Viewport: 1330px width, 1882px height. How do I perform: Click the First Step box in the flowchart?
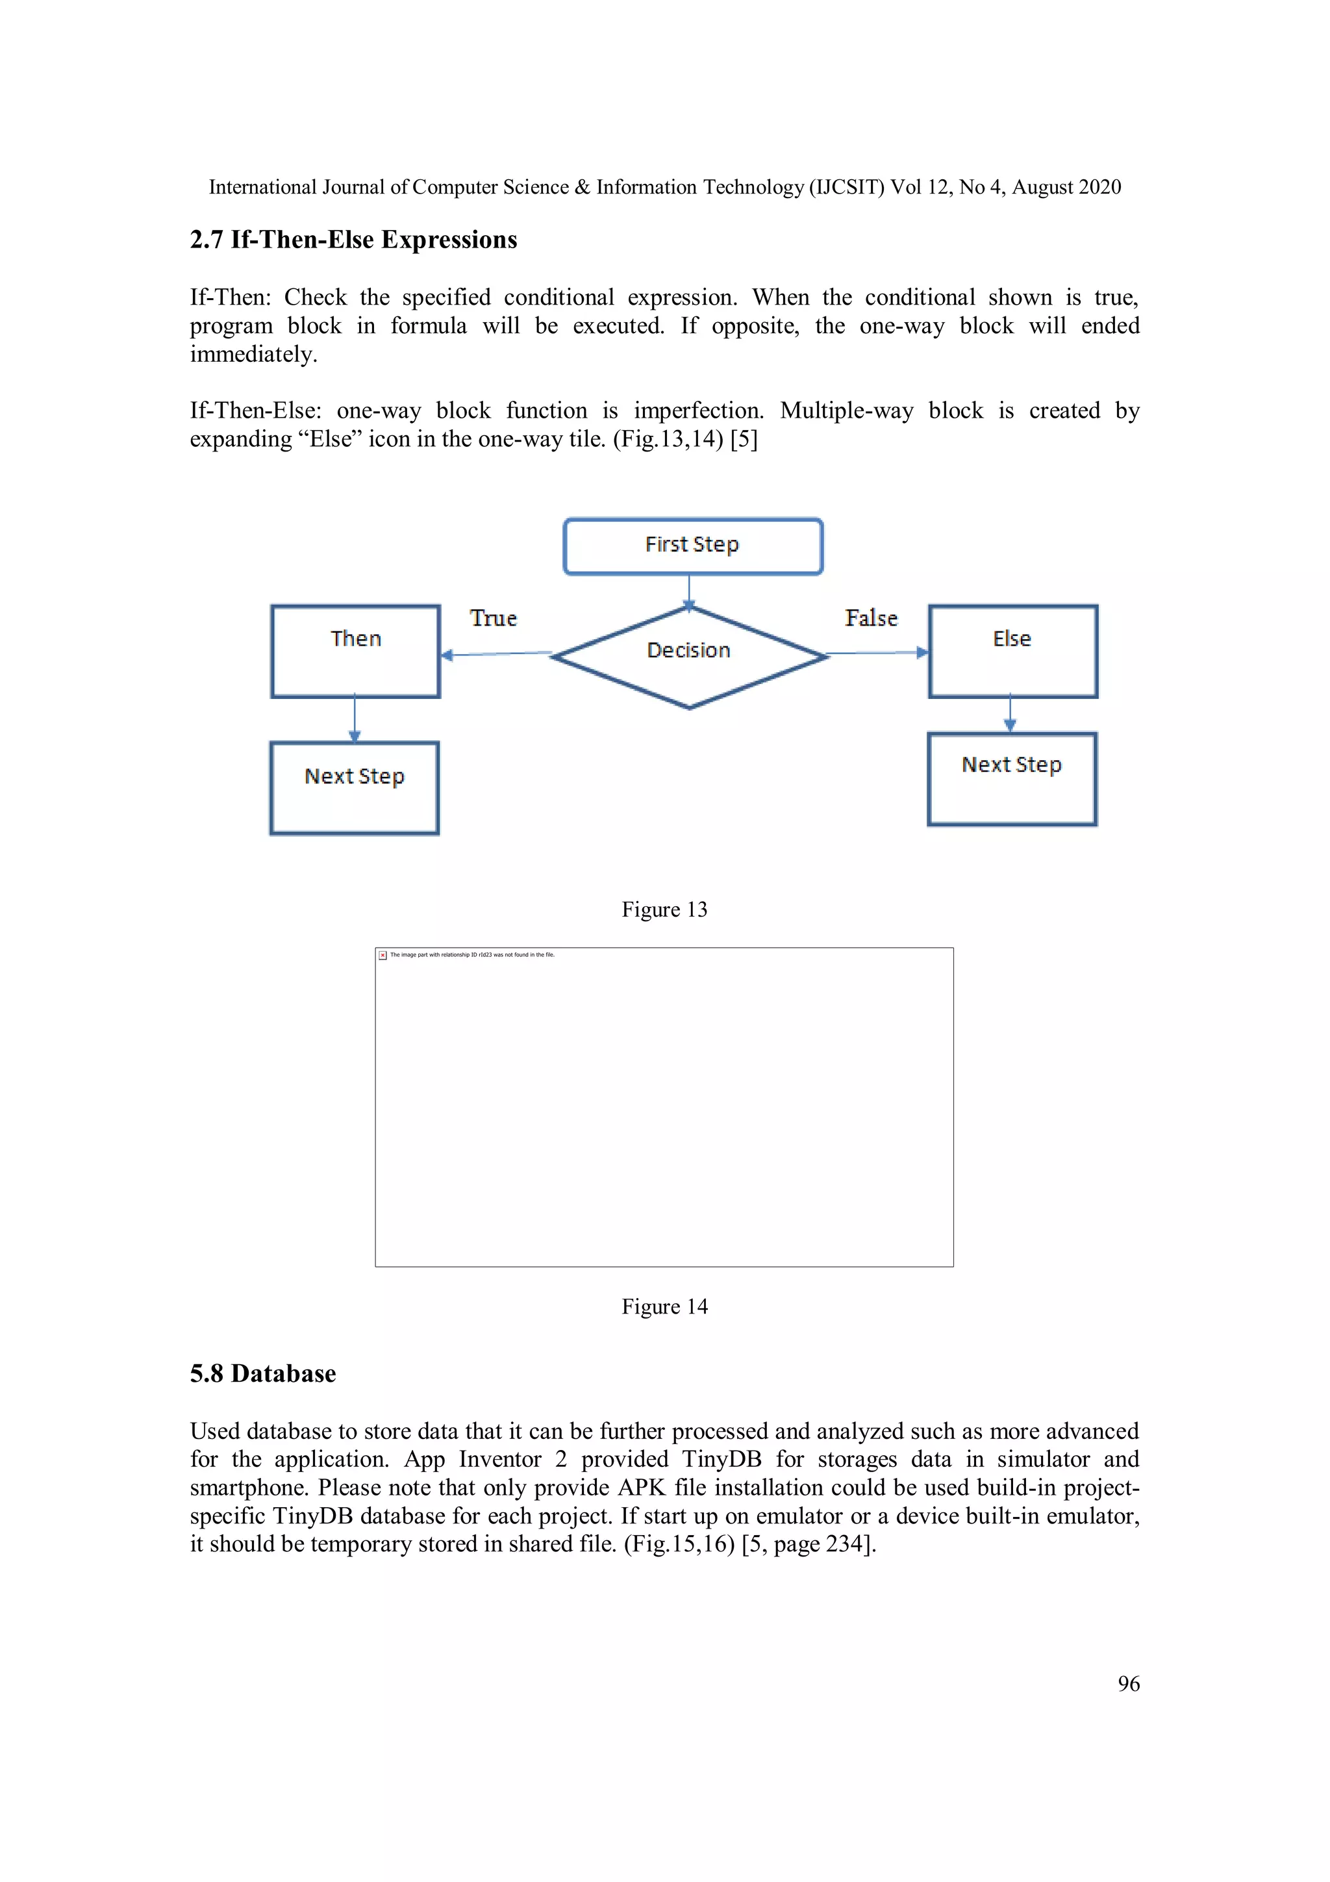point(692,546)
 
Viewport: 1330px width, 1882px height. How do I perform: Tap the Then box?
point(356,652)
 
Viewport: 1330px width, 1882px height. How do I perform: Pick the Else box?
point(1013,652)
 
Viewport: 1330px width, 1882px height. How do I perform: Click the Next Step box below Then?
point(354,788)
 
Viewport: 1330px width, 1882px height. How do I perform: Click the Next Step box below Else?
point(1012,779)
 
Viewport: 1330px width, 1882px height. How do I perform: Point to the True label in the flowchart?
point(494,618)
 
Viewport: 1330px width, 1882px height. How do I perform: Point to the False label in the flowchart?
point(871,618)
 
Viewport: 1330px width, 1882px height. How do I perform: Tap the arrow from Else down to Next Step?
point(1010,714)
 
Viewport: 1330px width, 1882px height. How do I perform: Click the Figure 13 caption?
point(664,910)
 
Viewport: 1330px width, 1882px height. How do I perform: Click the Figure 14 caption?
point(664,1306)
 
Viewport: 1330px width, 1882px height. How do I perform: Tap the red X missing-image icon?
point(383,955)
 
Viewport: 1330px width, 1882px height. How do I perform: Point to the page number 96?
point(1129,1684)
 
